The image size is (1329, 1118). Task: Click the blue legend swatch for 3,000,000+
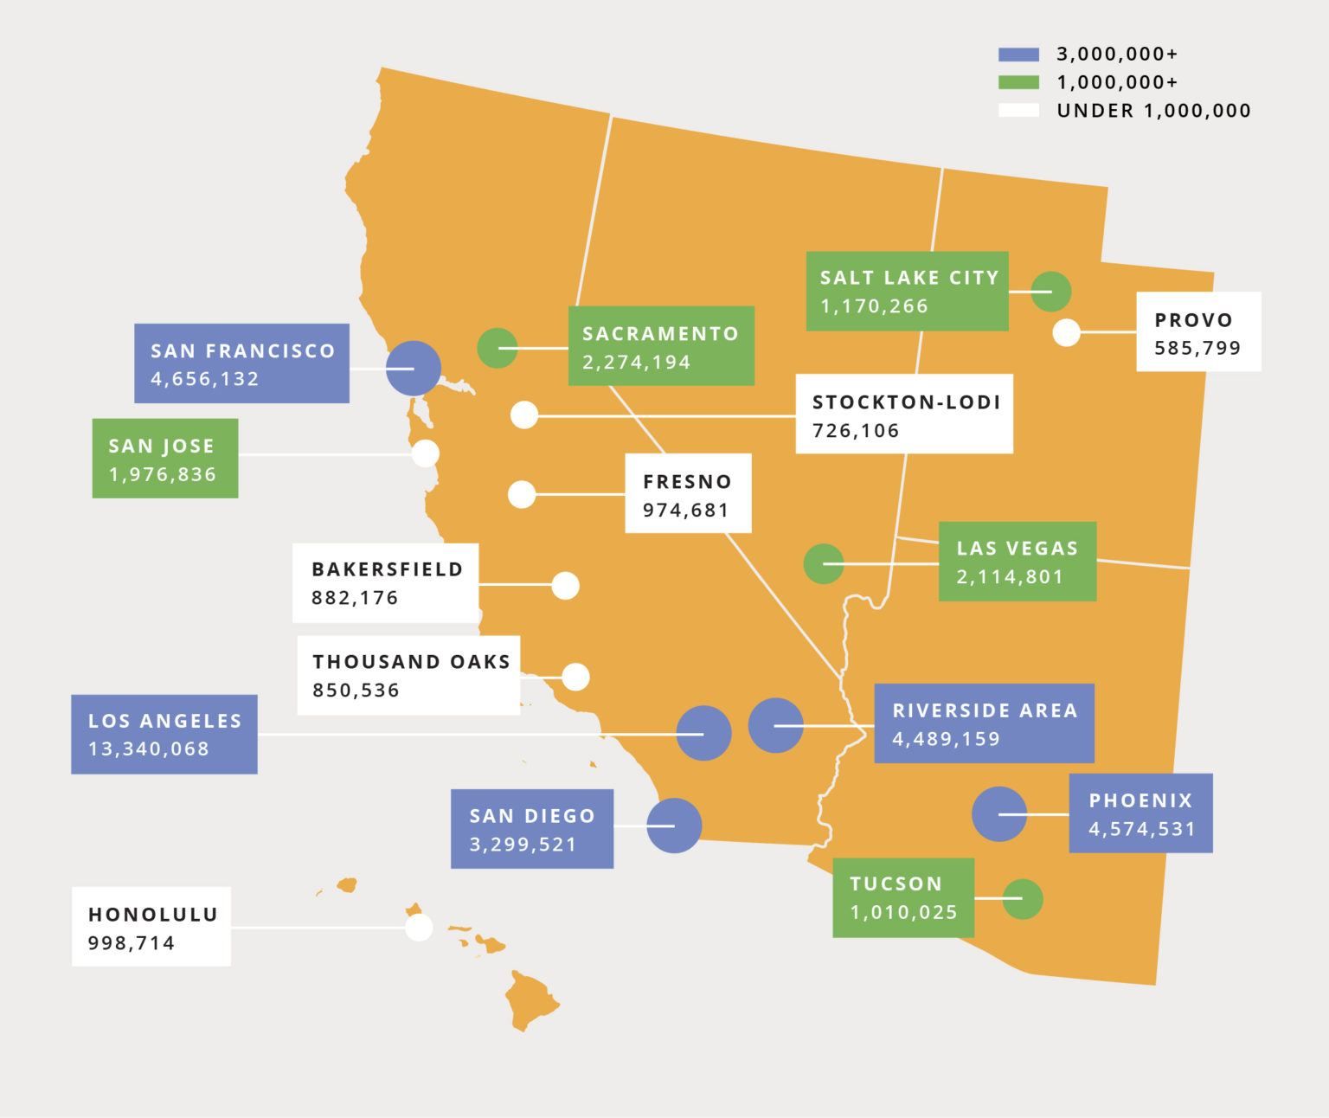(1018, 55)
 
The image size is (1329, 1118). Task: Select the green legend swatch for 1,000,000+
(1018, 83)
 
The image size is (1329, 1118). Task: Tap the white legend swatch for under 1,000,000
(1018, 111)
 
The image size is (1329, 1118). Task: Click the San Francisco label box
(241, 363)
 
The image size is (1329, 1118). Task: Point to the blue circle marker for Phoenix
(998, 814)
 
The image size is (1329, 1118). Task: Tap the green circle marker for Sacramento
(498, 348)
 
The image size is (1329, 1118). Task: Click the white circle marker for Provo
(1066, 332)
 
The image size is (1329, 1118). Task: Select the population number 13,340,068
(149, 749)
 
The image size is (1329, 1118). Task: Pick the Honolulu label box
(151, 927)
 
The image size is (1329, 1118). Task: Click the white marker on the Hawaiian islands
(419, 928)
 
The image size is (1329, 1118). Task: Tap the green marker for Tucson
(1022, 899)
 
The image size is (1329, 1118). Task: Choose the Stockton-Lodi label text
(906, 402)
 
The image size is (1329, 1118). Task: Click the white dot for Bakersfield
(565, 586)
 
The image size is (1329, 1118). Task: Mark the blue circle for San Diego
(674, 826)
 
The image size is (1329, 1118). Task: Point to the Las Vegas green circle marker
(824, 564)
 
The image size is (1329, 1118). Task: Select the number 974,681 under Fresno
(685, 511)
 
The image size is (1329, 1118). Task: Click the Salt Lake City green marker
(1051, 292)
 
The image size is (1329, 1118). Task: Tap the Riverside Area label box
(984, 723)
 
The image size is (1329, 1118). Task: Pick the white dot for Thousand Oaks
(575, 677)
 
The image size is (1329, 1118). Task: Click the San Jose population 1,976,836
(163, 475)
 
